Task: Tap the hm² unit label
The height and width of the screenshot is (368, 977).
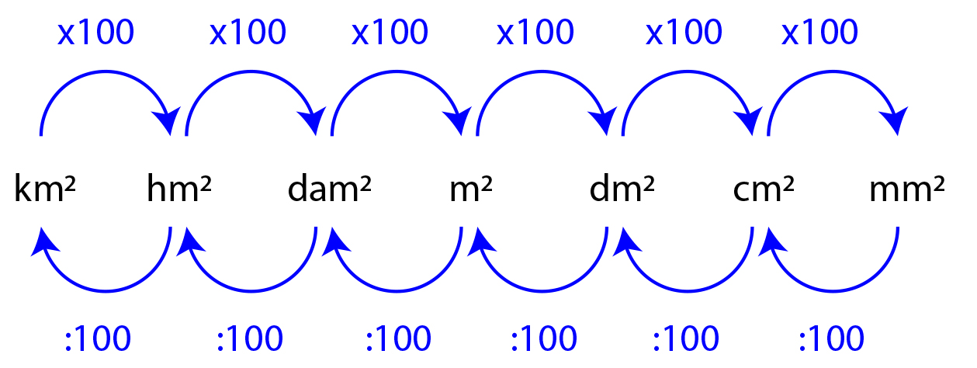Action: tap(180, 189)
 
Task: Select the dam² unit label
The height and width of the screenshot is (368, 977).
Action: tap(330, 189)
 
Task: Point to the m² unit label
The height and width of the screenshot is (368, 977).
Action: tap(471, 189)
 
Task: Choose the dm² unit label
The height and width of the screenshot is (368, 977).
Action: tap(622, 189)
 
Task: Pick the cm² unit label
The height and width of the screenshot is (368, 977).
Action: tap(764, 189)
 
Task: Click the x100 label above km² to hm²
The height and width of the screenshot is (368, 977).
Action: tap(95, 33)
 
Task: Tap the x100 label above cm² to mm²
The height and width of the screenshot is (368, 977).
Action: tap(821, 33)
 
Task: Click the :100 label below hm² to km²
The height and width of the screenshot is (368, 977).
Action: tap(97, 339)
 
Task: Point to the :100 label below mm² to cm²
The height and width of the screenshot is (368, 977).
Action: tap(830, 339)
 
